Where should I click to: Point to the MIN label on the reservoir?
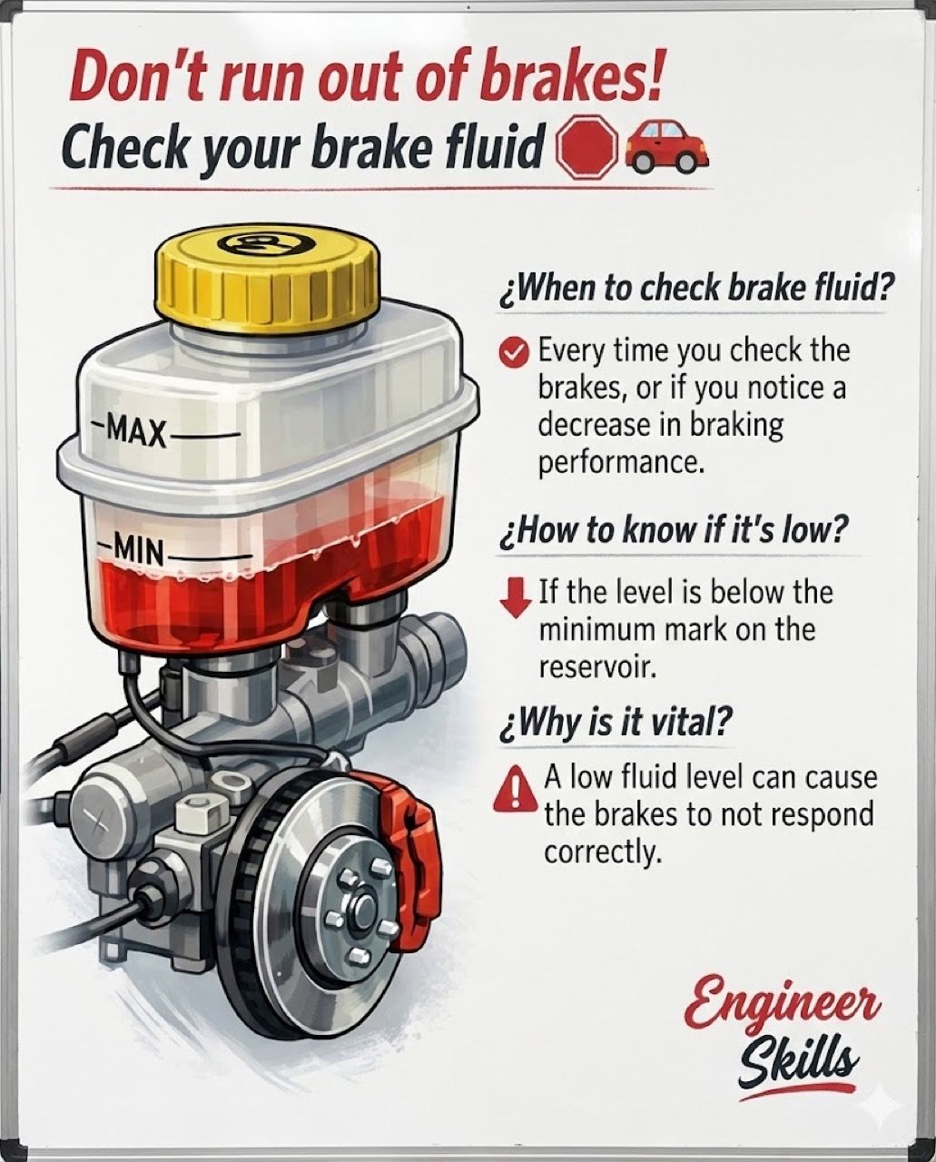(138, 550)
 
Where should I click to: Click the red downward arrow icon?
(517, 597)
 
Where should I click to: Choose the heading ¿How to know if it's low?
(673, 533)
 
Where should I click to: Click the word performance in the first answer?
(621, 463)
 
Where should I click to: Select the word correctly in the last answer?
(603, 853)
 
